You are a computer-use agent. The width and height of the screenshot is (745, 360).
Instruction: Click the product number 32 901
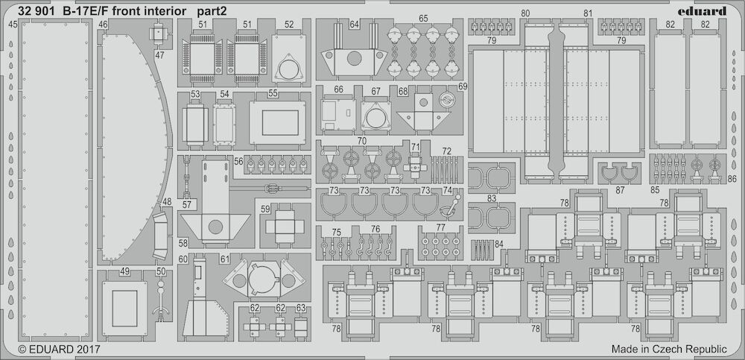(x=36, y=11)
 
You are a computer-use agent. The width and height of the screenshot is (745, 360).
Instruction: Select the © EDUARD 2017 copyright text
(x=59, y=350)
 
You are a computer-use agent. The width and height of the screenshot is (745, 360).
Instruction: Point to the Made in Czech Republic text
(x=669, y=349)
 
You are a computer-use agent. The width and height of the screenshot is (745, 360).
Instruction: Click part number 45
(x=13, y=24)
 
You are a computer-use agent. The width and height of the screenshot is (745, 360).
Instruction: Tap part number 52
(x=289, y=25)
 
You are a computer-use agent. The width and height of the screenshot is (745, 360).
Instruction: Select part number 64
(x=354, y=25)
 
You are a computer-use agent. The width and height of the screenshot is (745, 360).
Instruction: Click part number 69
(x=463, y=86)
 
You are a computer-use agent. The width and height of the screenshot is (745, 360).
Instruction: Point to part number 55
(x=273, y=94)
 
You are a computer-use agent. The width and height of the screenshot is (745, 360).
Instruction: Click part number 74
(x=447, y=190)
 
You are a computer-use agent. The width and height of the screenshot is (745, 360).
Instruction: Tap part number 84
(x=499, y=244)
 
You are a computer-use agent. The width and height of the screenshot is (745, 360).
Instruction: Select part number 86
(x=732, y=180)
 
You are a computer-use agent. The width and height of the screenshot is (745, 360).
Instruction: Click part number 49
(x=124, y=271)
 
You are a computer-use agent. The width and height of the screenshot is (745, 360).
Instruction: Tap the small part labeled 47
(x=159, y=34)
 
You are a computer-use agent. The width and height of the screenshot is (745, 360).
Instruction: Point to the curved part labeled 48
(x=160, y=236)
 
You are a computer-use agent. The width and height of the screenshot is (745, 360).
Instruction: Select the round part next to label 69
(x=447, y=99)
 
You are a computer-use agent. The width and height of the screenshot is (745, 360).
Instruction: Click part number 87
(x=620, y=190)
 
